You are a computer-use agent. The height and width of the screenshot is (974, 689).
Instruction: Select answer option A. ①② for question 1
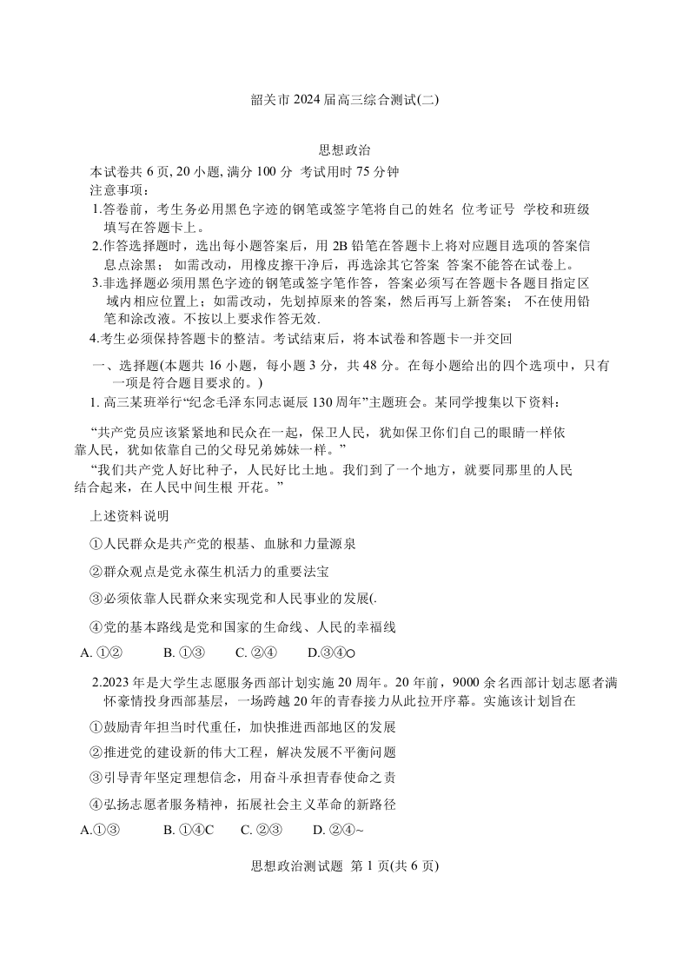tap(100, 653)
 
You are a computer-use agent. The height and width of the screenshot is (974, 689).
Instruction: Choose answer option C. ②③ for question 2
tap(262, 830)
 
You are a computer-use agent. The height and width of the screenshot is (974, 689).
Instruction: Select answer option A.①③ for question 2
tap(99, 830)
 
